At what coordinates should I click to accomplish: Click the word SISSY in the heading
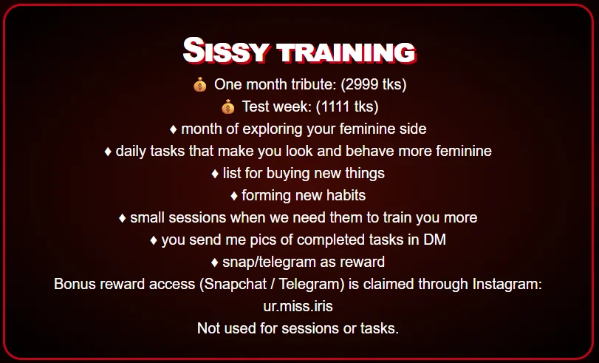225,50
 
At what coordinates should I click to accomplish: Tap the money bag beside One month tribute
200,84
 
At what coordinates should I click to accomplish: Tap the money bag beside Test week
228,106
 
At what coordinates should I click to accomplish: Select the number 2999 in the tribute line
357,84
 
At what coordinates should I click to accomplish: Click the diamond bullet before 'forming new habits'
234,196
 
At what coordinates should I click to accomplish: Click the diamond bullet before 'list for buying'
215,174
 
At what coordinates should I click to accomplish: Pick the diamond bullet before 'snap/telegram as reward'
215,262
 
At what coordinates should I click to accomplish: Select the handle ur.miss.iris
298,306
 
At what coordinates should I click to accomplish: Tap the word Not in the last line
208,328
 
